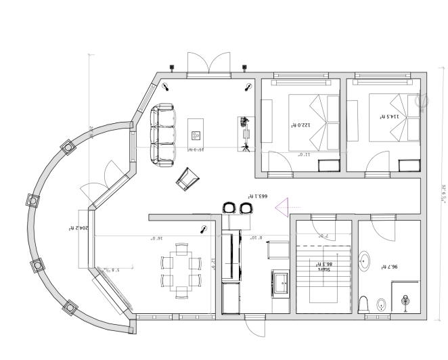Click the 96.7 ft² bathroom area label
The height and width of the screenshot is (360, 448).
click(388, 267)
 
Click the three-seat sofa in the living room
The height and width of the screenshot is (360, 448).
click(162, 135)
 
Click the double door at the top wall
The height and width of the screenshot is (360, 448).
click(210, 64)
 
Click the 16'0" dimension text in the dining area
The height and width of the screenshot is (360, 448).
click(157, 238)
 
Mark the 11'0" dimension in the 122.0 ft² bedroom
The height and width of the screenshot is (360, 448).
click(305, 154)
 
